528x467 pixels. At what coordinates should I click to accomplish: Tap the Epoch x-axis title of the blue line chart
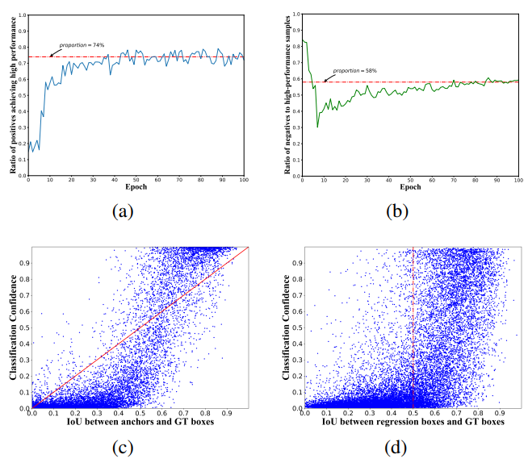135,189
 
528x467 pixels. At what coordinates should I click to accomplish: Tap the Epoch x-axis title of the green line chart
409,189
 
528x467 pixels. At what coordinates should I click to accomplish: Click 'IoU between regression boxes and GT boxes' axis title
409,423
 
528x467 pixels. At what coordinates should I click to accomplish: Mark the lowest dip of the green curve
317,127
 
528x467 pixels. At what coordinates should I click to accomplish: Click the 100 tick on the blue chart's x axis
243,180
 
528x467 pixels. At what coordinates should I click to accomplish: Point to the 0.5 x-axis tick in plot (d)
413,414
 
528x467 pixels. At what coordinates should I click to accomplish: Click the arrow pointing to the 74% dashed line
54,53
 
